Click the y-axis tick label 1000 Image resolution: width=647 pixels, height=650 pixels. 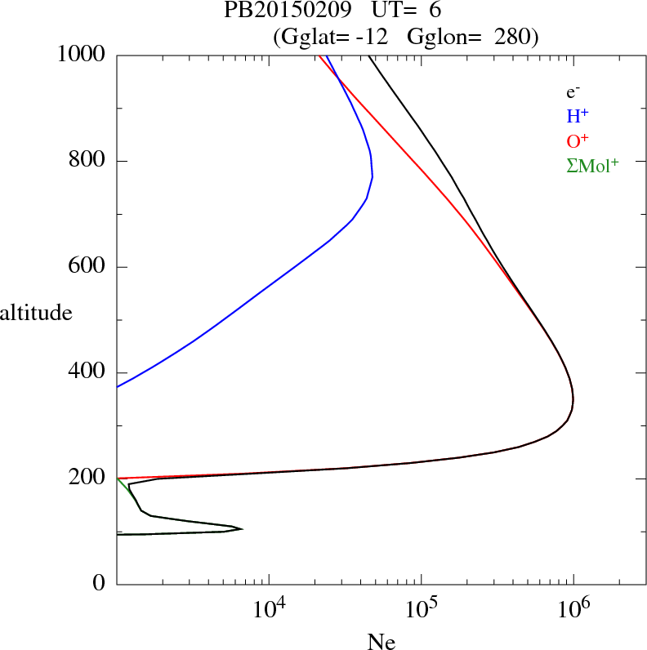82,55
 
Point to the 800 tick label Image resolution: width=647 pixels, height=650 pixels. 88,161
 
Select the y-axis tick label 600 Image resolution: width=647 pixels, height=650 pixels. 88,266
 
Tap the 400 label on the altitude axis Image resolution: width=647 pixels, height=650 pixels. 88,372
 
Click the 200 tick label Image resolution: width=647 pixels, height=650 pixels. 88,478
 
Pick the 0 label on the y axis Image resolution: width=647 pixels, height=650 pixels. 100,583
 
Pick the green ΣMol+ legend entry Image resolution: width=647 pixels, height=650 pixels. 591,165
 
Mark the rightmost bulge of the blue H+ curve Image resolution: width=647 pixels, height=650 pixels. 373,176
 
